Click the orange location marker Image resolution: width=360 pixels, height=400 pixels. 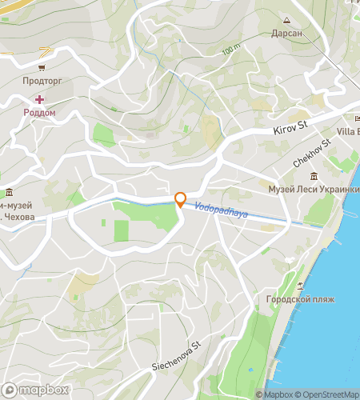click(x=180, y=200)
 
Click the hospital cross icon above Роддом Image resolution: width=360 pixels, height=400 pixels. click(x=39, y=99)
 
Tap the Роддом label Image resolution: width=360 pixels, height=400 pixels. click(x=39, y=113)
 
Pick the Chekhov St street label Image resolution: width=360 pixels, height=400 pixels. click(x=311, y=154)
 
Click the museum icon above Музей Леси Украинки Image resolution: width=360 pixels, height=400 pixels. click(x=313, y=176)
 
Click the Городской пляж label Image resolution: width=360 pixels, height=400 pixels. click(x=295, y=300)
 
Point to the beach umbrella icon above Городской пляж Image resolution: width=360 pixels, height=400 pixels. click(x=300, y=286)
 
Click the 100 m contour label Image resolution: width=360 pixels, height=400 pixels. click(x=231, y=50)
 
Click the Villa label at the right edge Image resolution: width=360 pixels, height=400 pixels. click(x=347, y=131)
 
